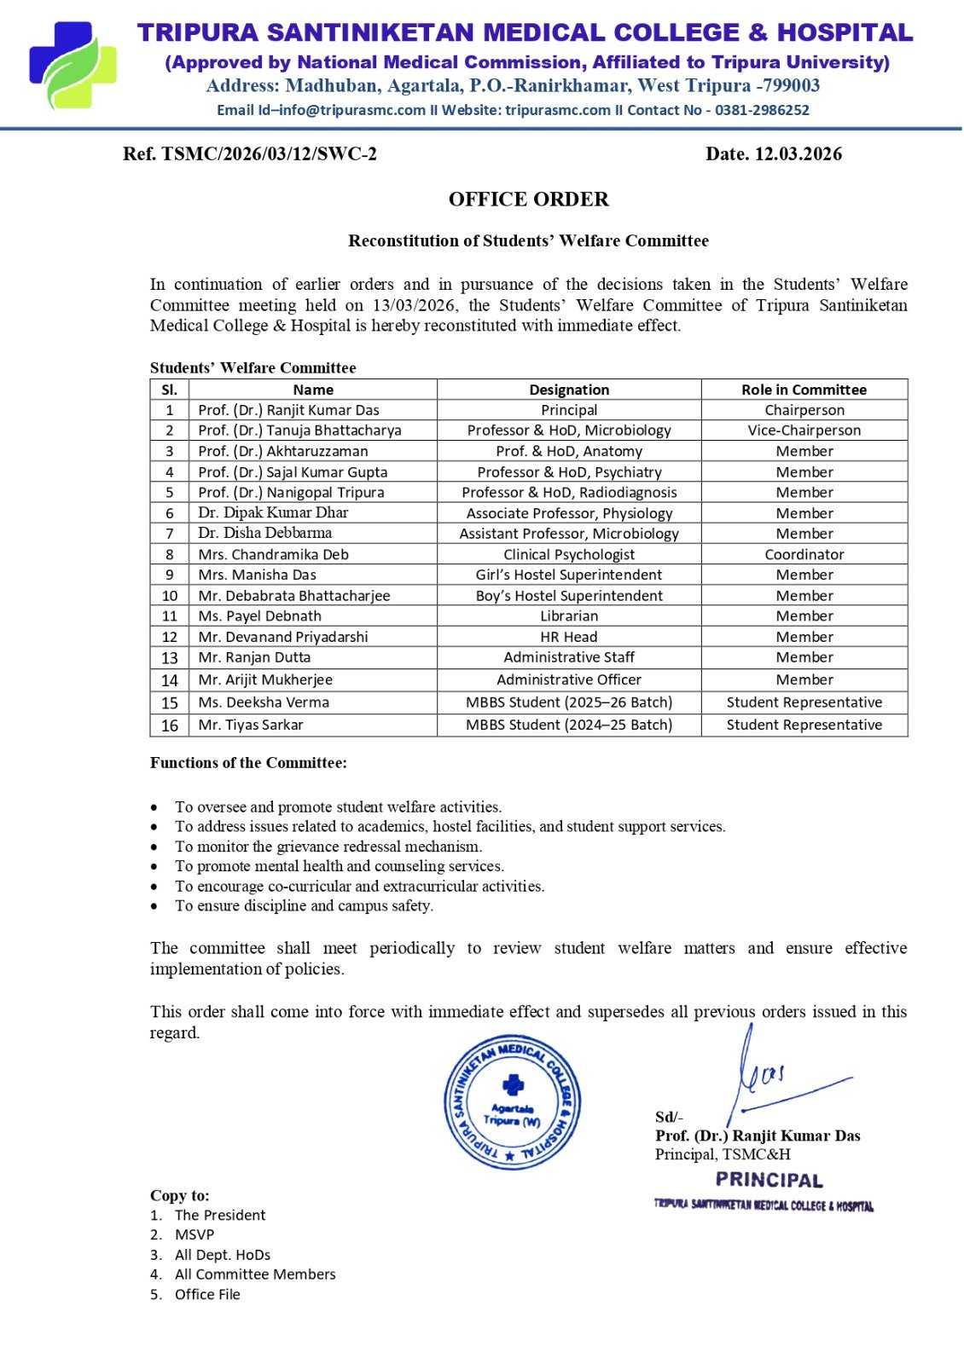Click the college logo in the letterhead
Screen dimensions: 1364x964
pos(73,66)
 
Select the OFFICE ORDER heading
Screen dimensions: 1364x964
pos(528,199)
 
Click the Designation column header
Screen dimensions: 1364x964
pos(569,390)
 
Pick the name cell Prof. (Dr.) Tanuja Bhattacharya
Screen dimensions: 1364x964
pos(299,431)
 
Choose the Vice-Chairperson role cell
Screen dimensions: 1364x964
pos(804,431)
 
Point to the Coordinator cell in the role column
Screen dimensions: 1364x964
pos(804,554)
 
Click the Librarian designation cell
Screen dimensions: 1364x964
pos(569,616)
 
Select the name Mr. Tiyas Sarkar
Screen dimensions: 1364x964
pos(251,725)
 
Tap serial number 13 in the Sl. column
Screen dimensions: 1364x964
pos(170,658)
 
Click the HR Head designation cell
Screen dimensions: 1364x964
pos(569,637)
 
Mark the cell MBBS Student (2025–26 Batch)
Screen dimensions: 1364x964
pos(569,702)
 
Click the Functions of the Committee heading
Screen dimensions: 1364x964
pos(248,763)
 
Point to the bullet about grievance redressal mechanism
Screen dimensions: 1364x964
pos(328,847)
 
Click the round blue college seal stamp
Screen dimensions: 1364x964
pos(512,1102)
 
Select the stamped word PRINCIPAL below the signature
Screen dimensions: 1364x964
pos(769,1181)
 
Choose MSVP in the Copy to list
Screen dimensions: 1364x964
pos(195,1234)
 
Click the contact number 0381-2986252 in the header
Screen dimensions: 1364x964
pos(762,110)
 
